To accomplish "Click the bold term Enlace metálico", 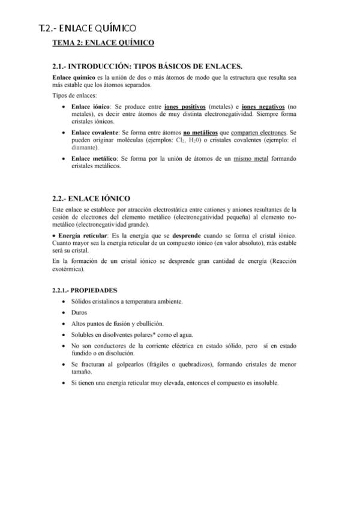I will click(91, 158).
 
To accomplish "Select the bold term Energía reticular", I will click(82, 233).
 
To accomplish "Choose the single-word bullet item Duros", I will click(79, 312).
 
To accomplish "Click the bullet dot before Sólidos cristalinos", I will click(64, 301).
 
